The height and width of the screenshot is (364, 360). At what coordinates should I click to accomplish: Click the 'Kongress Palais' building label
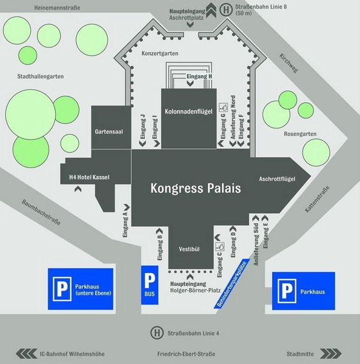click(196, 188)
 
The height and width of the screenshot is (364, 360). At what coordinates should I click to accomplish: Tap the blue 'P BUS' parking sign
click(150, 285)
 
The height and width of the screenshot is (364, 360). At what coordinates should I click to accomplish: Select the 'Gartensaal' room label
click(109, 132)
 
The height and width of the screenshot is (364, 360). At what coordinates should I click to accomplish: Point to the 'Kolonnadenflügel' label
click(188, 112)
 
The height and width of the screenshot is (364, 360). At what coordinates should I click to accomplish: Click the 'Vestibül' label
click(189, 249)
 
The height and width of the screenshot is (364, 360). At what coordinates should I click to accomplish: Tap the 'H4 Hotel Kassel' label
click(89, 177)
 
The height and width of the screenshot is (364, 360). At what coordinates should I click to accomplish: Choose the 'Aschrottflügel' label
click(277, 179)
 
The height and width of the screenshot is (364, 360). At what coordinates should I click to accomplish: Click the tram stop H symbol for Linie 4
click(157, 333)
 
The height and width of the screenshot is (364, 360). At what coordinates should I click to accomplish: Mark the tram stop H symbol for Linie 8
click(226, 10)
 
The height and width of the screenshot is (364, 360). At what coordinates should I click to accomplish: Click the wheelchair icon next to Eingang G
click(224, 107)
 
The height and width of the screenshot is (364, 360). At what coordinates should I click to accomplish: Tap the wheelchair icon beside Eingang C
click(220, 246)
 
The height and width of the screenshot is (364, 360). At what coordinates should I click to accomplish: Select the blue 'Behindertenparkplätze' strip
click(232, 284)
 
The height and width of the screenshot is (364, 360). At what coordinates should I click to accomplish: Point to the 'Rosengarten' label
click(300, 134)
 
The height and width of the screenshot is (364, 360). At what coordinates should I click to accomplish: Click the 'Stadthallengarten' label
click(41, 76)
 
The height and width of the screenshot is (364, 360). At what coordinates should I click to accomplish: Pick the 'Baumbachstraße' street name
click(41, 212)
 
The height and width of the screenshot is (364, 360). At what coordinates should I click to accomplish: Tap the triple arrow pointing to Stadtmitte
click(330, 354)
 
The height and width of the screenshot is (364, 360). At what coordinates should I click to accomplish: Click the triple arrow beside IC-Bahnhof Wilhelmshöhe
click(27, 354)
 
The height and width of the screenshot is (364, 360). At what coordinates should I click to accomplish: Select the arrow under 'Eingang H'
click(190, 84)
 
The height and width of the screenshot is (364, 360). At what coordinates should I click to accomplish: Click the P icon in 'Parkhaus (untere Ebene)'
click(62, 289)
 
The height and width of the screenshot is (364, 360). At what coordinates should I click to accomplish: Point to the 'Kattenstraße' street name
click(317, 199)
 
